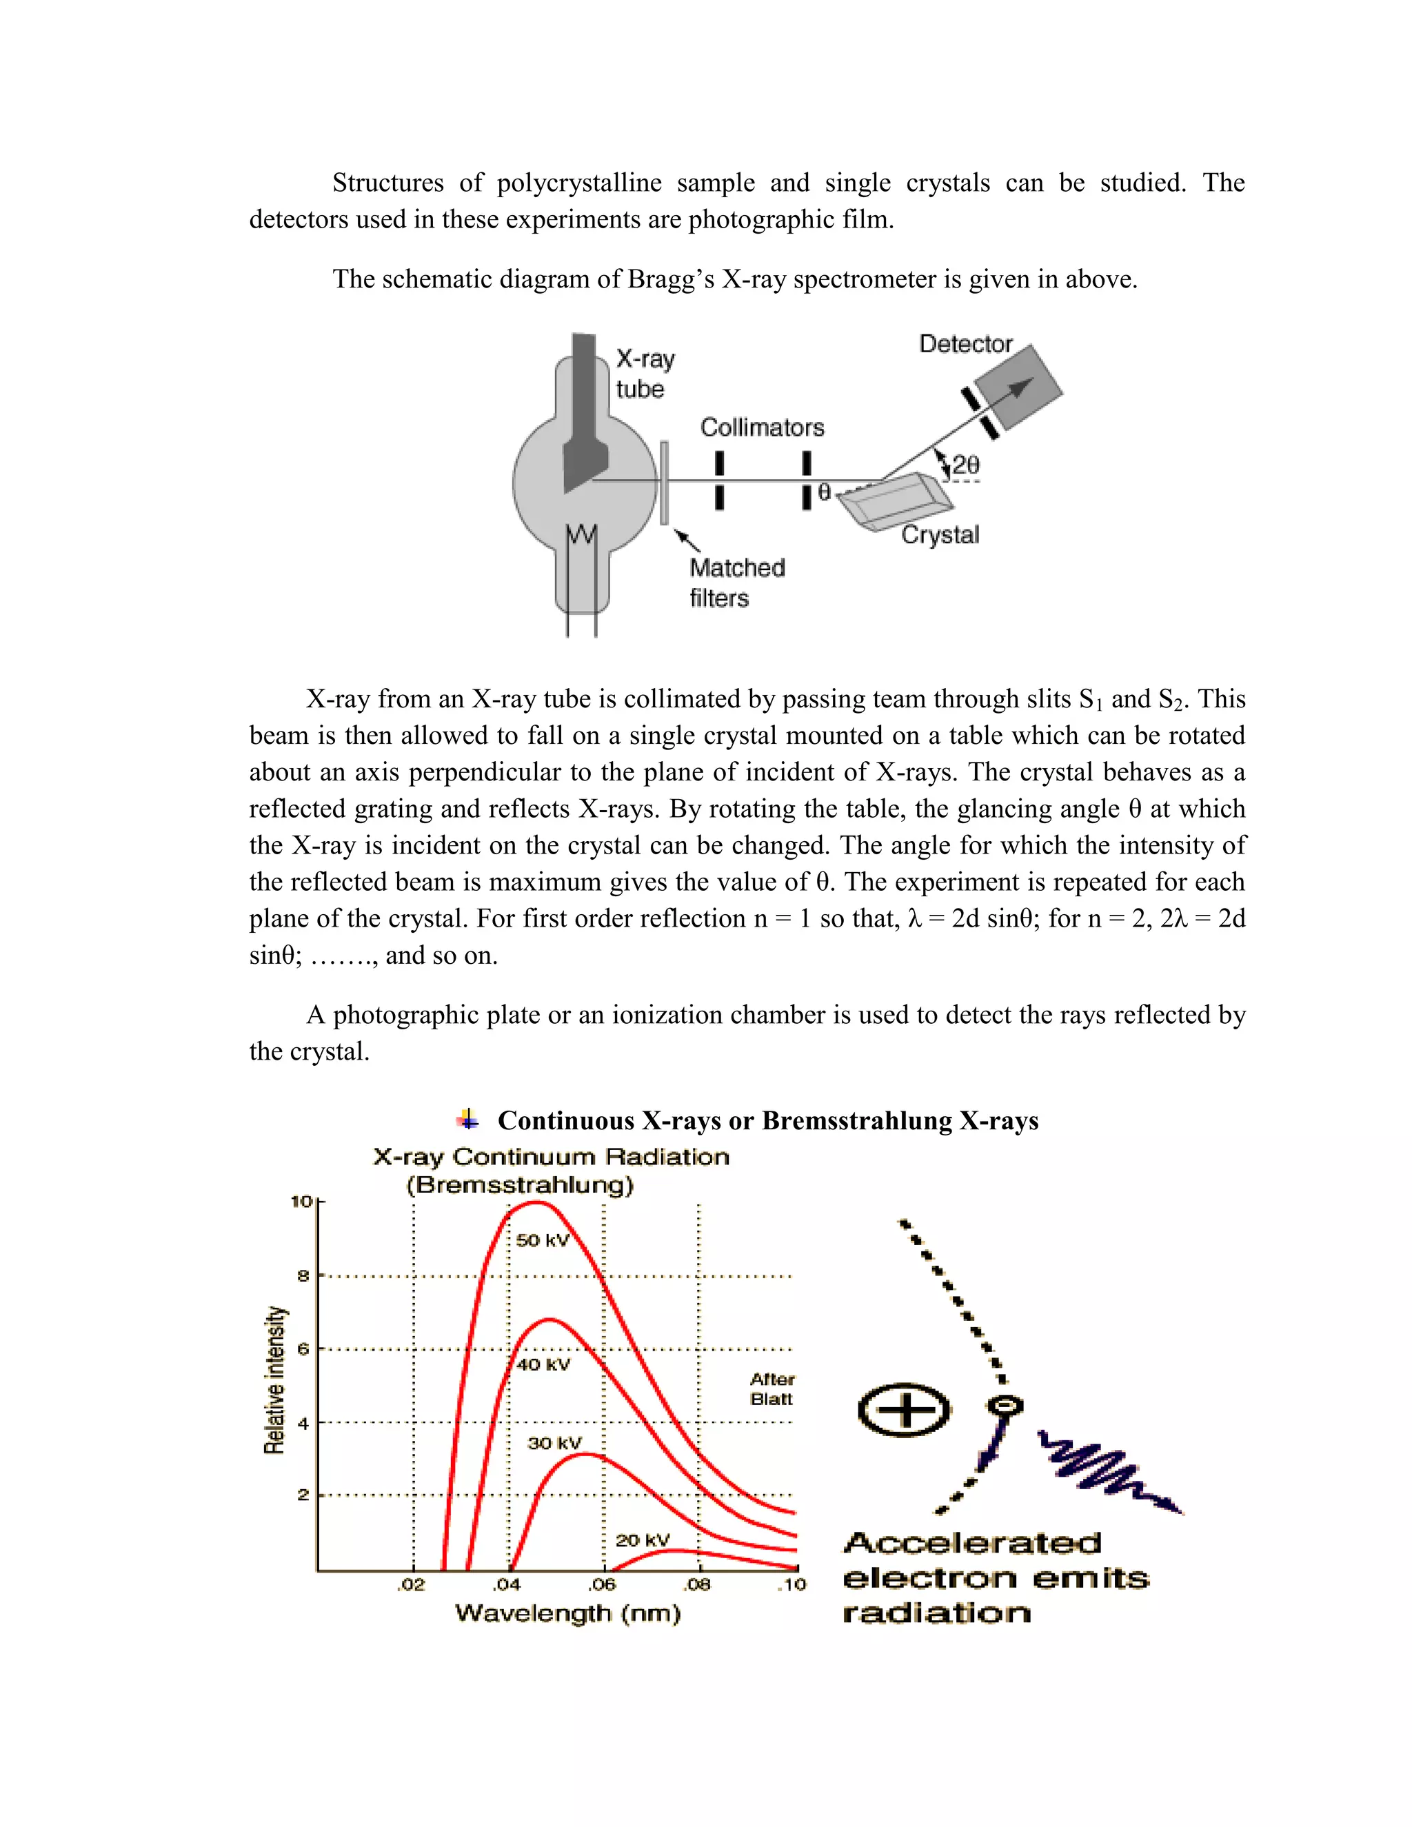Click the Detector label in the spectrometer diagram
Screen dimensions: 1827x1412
click(x=965, y=344)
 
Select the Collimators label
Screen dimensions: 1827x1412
click(x=761, y=427)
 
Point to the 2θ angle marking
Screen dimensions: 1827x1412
click(x=965, y=465)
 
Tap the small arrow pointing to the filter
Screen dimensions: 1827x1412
click(x=687, y=540)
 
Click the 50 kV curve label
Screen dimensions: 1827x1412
click(x=541, y=1240)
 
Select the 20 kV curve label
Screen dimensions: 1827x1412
click(x=642, y=1540)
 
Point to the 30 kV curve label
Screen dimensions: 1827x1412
click(x=554, y=1443)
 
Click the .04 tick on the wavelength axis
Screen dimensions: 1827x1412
click(x=506, y=1584)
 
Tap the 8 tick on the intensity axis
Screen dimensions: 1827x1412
click(x=303, y=1275)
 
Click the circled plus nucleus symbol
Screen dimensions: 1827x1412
click(x=905, y=1411)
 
